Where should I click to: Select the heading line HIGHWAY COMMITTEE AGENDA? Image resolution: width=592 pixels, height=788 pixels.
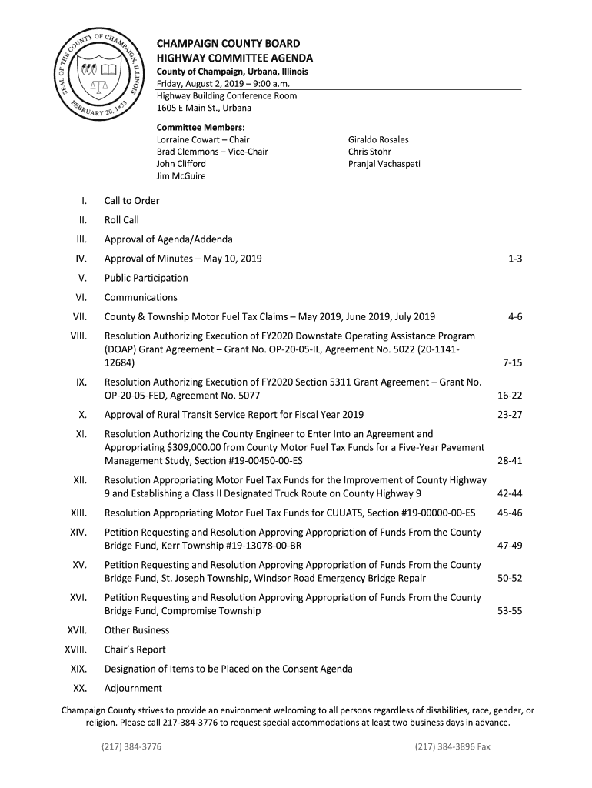234,58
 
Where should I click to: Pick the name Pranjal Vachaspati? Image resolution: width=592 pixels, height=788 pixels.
384,164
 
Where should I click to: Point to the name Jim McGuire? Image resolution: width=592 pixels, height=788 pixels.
181,176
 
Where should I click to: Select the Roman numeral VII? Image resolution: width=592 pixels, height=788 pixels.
80,316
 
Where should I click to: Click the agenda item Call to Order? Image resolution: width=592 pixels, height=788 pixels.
132,201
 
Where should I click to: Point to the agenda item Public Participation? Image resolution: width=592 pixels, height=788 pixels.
146,278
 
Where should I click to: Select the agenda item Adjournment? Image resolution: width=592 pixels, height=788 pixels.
133,688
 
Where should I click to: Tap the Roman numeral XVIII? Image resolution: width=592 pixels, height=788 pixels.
75,649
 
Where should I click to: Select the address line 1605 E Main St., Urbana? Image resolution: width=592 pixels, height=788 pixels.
204,108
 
